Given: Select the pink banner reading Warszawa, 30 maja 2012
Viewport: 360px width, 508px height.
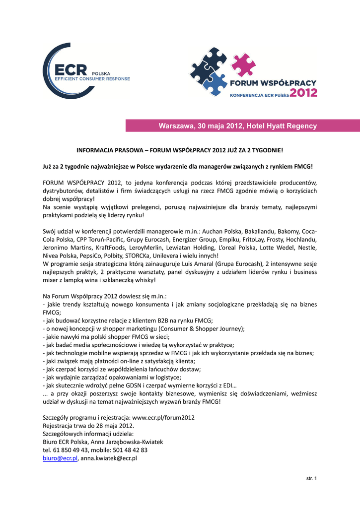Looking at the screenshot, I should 242,126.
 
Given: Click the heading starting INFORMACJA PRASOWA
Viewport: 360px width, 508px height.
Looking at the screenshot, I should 179,150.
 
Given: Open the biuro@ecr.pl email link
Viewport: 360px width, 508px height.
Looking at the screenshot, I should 60,458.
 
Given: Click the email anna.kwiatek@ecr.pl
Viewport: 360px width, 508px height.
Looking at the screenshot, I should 109,458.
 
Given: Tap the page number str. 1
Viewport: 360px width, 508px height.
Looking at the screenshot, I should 311,478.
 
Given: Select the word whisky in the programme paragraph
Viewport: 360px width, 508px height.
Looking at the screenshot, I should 145,280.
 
